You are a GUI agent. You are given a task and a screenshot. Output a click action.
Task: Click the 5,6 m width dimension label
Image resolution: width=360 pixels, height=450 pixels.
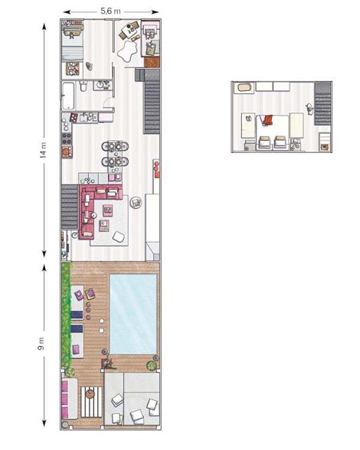110,11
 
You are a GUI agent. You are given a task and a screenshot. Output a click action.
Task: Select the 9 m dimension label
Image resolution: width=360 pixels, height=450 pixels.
41,344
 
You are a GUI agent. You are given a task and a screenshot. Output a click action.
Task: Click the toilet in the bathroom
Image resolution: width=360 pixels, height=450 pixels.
83,86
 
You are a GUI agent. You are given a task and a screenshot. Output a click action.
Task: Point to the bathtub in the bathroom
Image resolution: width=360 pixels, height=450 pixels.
68,96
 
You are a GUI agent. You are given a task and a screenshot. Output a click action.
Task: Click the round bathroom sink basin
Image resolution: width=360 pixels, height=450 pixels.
100,84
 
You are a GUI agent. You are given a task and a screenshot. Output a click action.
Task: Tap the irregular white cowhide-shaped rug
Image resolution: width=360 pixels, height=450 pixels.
126,51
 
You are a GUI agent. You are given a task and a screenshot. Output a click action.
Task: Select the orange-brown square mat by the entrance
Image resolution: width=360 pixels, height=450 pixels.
152,62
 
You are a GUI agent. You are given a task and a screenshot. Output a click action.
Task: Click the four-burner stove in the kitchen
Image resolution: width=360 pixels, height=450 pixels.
67,138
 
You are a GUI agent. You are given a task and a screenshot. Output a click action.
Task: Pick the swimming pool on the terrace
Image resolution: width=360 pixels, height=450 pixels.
133,314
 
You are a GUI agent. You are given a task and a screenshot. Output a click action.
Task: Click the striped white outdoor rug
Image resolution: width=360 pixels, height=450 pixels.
91,403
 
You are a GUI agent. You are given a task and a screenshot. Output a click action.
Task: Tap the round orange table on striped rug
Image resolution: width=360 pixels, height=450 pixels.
90,393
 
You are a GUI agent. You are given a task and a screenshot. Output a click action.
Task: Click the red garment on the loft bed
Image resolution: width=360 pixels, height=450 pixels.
267,120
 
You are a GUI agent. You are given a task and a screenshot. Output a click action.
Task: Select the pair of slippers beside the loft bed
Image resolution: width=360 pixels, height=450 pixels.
248,118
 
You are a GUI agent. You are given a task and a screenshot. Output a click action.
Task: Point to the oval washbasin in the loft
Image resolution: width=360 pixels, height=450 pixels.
244,87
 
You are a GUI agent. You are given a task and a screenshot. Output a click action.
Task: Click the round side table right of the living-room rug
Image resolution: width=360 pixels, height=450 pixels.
136,203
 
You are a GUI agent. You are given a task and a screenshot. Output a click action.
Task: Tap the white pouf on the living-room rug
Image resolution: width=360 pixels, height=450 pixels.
119,236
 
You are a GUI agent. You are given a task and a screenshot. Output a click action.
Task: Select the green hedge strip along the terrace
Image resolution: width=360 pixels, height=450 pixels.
66,315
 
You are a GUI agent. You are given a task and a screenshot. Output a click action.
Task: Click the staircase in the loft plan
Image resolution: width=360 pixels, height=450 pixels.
322,103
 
